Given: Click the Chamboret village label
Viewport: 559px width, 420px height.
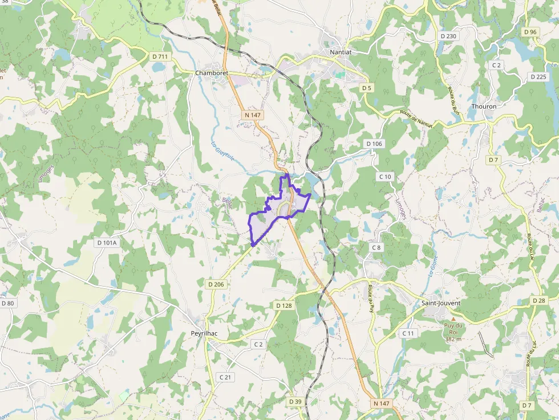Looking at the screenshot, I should click(212, 73).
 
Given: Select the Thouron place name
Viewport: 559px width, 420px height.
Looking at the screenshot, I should click(484, 106).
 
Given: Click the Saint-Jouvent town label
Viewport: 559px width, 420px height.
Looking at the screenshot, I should click(441, 303).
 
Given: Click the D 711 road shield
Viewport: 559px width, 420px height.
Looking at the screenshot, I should click(160, 56).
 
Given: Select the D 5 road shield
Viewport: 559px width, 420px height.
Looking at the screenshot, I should click(366, 88).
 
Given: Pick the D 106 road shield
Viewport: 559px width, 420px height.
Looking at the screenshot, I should click(374, 144).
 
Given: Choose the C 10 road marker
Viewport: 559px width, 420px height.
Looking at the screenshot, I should click(386, 177).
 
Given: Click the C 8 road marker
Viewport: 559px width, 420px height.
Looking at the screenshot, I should click(376, 247).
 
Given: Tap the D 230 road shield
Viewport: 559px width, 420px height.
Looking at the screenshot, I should click(449, 36).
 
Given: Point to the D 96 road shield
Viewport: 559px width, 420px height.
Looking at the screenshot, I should click(530, 32).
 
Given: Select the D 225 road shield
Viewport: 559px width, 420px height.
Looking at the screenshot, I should click(538, 76).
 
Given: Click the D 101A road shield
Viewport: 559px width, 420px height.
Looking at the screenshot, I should click(107, 243).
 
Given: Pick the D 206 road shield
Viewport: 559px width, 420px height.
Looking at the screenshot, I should click(216, 284).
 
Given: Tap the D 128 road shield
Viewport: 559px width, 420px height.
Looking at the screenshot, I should click(283, 305).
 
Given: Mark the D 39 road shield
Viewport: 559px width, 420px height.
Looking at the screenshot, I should click(295, 402).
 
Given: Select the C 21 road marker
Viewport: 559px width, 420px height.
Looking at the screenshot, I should click(225, 377).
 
